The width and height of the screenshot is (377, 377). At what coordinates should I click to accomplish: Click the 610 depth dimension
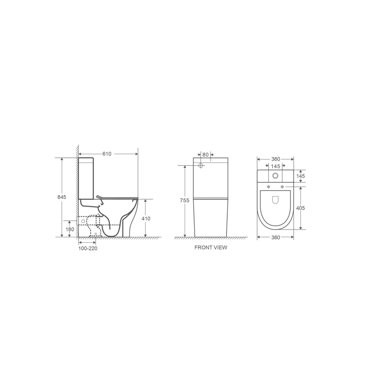tap(108, 154)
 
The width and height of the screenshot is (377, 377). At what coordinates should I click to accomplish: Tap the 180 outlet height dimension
tap(70, 229)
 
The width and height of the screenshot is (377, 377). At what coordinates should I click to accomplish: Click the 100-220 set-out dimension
tap(88, 247)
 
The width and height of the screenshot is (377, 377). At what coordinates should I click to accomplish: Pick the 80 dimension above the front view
tap(205, 154)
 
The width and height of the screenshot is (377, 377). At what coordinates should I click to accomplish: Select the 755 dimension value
tap(185, 201)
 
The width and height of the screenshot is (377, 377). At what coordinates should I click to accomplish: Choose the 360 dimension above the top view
tap(276, 159)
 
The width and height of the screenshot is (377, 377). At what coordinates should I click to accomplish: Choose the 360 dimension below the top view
tap(276, 237)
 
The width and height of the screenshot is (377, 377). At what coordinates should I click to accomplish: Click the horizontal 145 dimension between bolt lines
tap(276, 166)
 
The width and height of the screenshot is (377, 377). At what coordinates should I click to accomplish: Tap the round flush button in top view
tap(276, 176)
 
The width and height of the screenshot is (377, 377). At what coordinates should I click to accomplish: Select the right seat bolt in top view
tap(283, 187)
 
